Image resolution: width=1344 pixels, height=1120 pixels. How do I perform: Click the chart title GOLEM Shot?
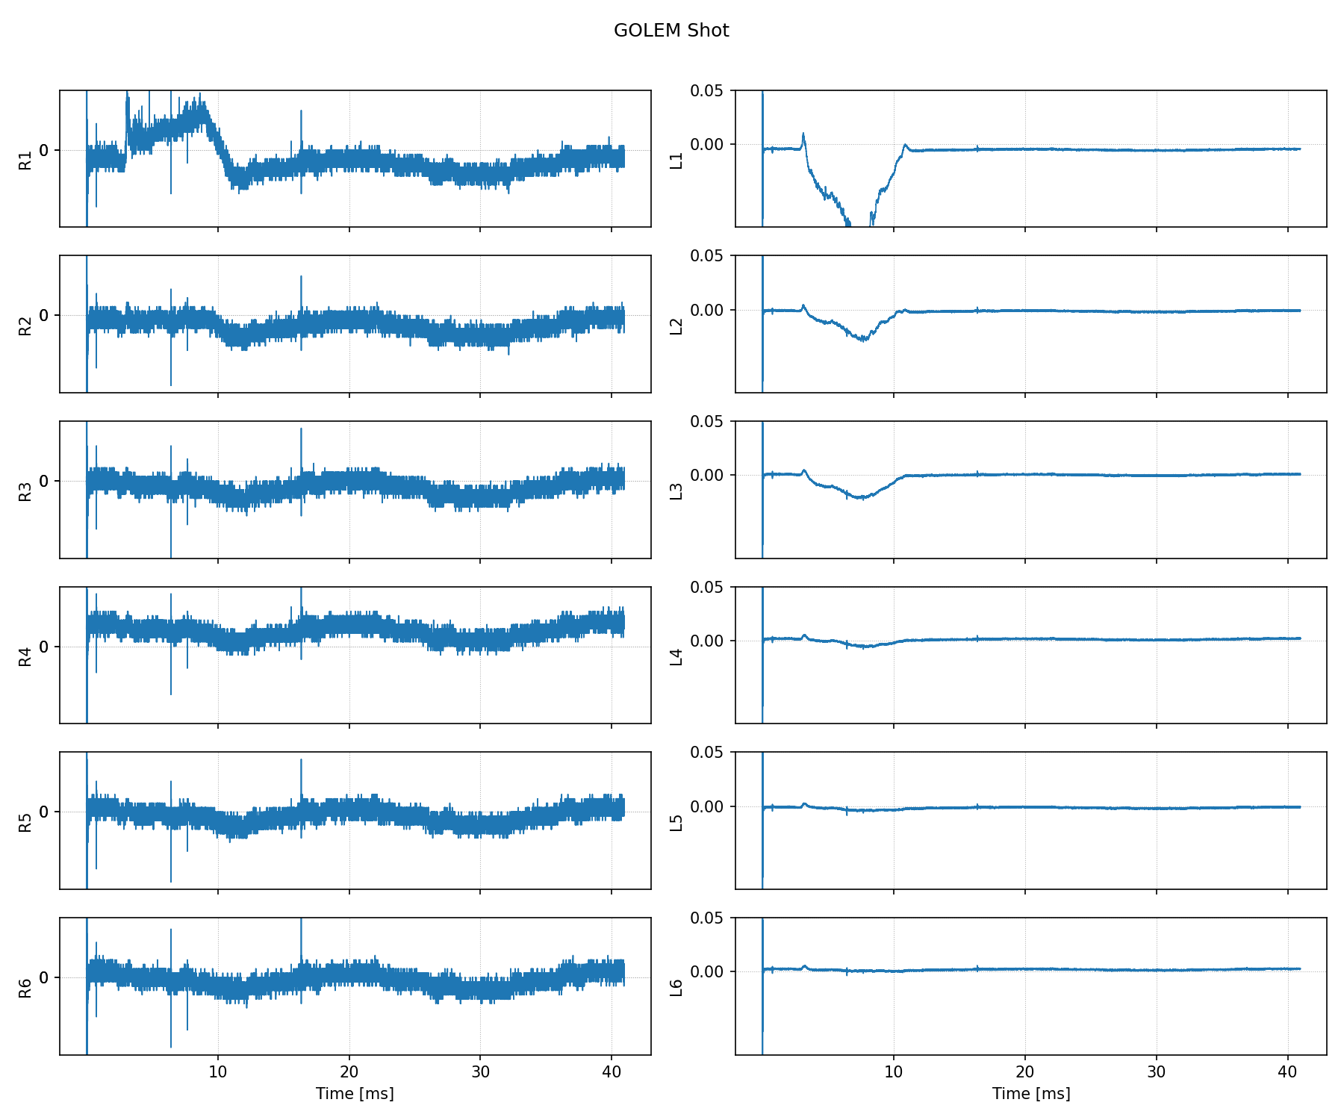point(671,31)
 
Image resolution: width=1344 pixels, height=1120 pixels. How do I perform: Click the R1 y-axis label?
point(25,160)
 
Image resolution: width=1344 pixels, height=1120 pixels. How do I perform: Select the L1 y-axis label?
point(676,160)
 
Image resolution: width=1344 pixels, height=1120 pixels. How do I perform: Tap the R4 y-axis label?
point(25,656)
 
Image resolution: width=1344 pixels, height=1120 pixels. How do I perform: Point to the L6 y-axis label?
point(676,987)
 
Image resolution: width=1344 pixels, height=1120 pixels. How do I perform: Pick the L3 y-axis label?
point(676,491)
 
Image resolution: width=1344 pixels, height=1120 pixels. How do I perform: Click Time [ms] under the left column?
point(355,1094)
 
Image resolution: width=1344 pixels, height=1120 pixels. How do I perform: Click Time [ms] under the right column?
point(1031,1094)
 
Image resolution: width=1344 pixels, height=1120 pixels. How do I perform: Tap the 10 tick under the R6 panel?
point(218,1071)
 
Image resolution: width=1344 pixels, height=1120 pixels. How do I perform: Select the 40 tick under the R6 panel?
point(612,1071)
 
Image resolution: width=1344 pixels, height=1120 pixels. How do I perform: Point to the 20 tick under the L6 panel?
point(1025,1071)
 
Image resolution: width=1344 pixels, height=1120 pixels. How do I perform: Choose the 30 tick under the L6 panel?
point(1156,1071)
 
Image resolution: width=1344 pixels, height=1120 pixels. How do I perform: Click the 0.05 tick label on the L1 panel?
point(706,90)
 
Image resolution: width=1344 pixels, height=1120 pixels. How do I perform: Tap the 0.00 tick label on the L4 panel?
point(706,641)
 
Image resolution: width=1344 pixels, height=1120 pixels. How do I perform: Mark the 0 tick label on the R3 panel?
point(43,481)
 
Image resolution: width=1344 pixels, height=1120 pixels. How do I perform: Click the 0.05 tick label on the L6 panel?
point(706,918)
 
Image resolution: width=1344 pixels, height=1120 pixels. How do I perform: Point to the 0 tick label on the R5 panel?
point(43,812)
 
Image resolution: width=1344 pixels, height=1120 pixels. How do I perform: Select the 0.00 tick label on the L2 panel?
point(706,310)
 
